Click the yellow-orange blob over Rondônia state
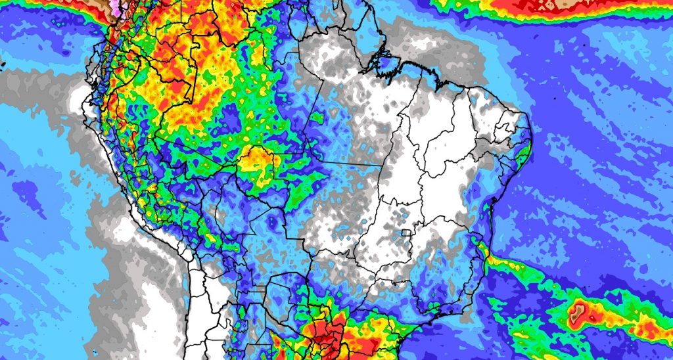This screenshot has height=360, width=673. point(259,162)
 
